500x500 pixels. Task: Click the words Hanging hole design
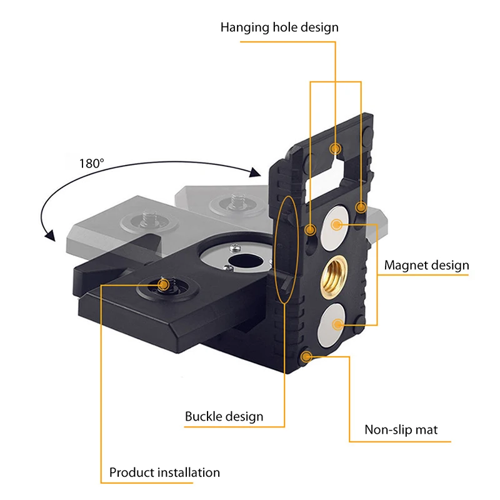(x=279, y=27)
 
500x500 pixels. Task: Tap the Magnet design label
(x=426, y=265)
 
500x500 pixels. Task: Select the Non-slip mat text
(x=401, y=430)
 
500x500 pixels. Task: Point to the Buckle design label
(x=224, y=416)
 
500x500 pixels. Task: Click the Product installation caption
(x=164, y=472)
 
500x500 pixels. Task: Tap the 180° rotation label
(x=92, y=164)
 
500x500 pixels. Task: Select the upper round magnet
(x=337, y=223)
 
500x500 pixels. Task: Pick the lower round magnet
(x=337, y=324)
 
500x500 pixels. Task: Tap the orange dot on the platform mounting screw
(x=163, y=285)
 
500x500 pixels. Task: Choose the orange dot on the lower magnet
(x=338, y=324)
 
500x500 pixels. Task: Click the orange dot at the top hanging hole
(x=336, y=149)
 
